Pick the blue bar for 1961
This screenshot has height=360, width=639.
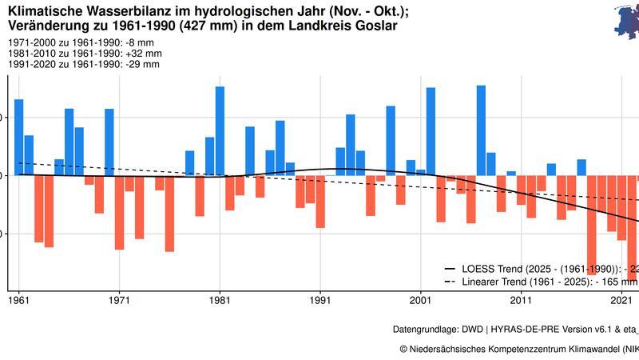pyautogui.click(x=19, y=137)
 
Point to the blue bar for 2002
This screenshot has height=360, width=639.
pyautogui.click(x=431, y=131)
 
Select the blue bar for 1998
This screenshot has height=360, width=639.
pyautogui.click(x=391, y=141)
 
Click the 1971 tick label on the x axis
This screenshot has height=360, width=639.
pyautogui.click(x=119, y=301)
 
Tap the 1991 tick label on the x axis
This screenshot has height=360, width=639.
pyautogui.click(x=320, y=301)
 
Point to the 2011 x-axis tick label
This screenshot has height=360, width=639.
pyautogui.click(x=521, y=301)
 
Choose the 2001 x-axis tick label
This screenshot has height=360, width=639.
pyautogui.click(x=421, y=301)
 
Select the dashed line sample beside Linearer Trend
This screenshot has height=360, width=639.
pyautogui.click(x=450, y=282)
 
